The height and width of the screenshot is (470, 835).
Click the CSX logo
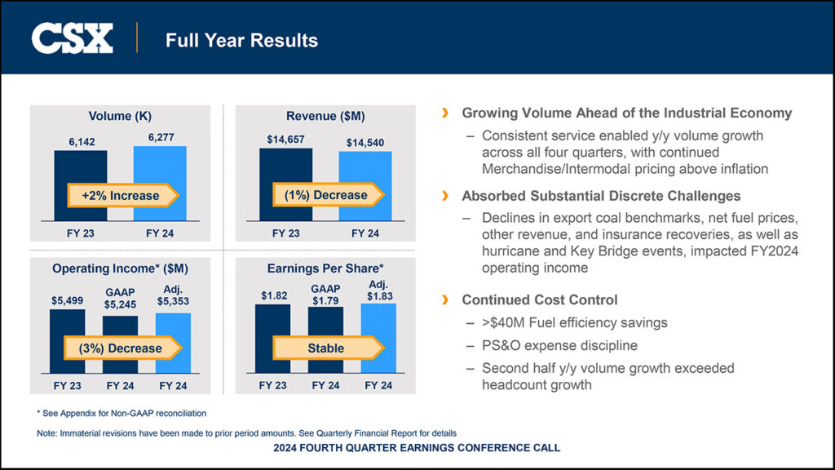point(72,38)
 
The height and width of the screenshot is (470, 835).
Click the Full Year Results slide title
point(241,40)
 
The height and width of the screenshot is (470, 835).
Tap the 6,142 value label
point(82,142)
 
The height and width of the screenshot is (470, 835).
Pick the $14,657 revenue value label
point(285,140)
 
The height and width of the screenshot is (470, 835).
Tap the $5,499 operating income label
point(67,300)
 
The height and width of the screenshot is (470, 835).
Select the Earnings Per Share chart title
point(325,268)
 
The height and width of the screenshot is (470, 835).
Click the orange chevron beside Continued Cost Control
point(444,300)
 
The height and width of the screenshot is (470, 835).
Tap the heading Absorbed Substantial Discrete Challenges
point(601,196)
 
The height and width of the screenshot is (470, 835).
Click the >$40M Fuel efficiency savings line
point(574,322)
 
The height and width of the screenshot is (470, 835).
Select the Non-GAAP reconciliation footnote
point(121,413)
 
